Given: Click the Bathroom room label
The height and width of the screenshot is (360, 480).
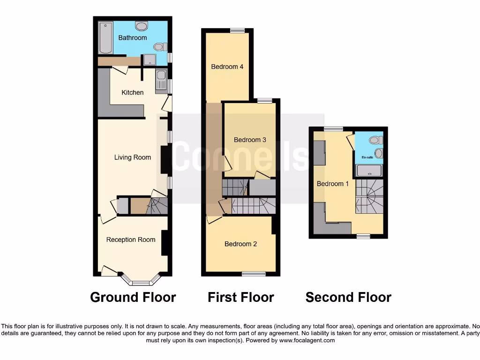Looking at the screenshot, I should [132, 37].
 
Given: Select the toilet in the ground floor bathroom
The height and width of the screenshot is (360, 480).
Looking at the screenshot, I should [160, 46].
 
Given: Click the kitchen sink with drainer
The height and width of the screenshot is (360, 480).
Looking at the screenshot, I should [161, 80].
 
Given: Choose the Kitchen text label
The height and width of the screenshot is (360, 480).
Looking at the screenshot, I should [132, 92].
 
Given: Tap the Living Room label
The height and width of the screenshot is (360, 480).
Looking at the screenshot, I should [132, 157].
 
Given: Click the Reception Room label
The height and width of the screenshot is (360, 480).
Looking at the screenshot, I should [130, 240].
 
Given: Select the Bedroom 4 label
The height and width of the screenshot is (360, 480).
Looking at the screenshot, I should [227, 67].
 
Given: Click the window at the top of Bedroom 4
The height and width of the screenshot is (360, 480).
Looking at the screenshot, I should [238, 31].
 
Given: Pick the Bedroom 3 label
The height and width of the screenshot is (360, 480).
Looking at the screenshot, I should [250, 140].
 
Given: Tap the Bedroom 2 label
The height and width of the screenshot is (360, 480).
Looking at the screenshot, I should [240, 244].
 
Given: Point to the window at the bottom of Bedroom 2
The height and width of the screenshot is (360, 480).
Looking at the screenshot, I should [254, 273].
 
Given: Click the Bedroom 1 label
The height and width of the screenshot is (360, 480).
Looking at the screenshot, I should [332, 184].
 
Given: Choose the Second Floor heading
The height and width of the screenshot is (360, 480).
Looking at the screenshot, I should [348, 297].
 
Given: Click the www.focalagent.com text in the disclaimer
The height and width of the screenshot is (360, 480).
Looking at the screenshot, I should [307, 340].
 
